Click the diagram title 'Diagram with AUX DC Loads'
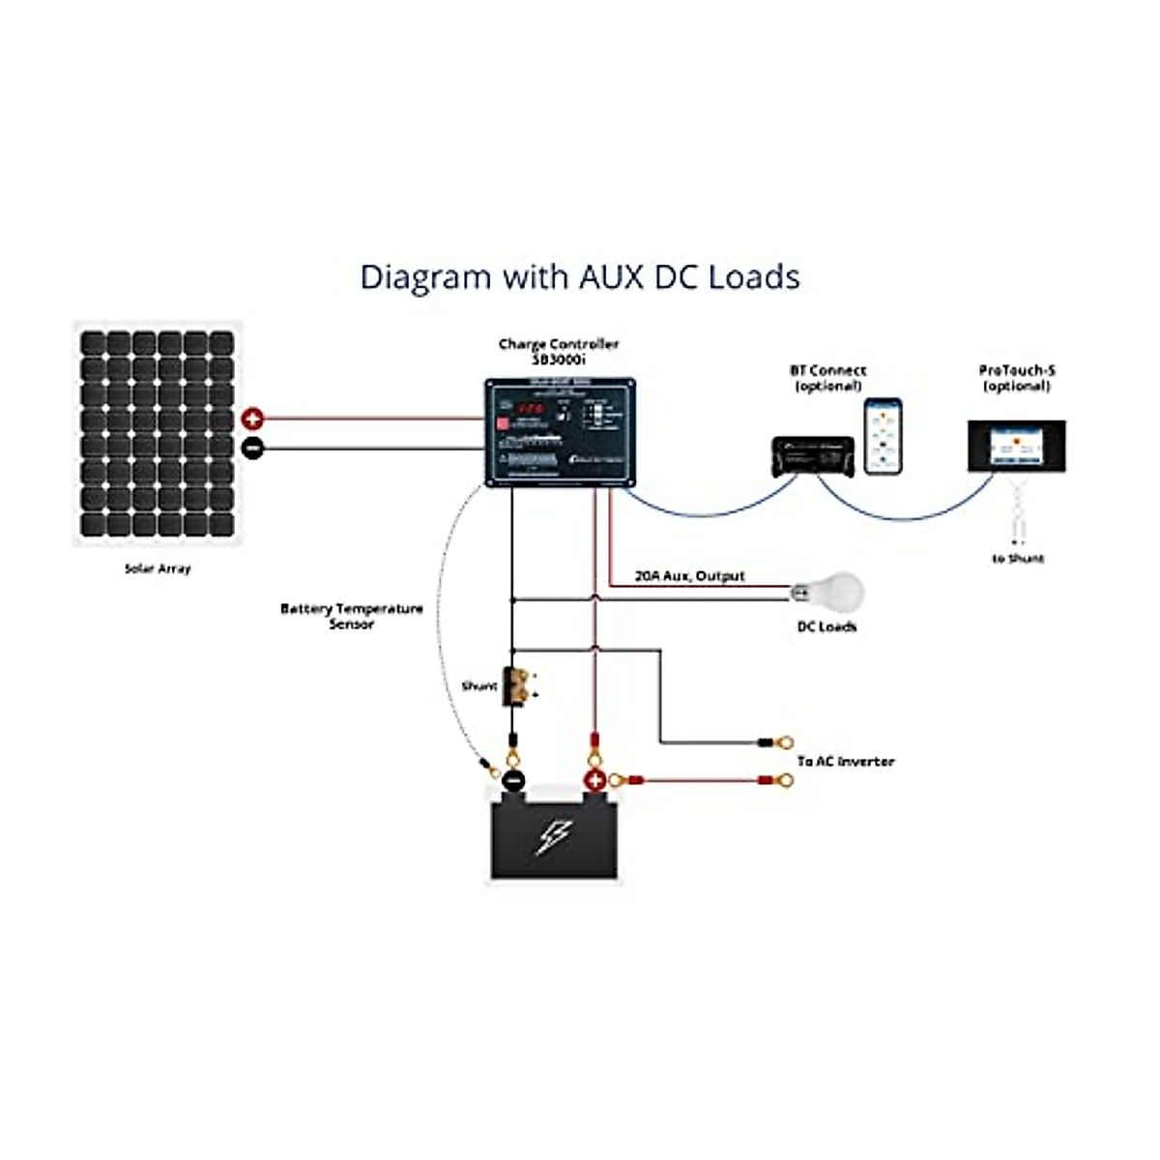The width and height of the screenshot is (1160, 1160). tap(580, 276)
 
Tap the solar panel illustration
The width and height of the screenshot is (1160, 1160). tap(158, 435)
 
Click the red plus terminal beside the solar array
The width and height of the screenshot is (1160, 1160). tap(252, 420)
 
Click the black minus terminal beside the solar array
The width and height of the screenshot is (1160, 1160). tap(252, 449)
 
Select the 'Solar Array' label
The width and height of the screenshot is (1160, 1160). tap(158, 568)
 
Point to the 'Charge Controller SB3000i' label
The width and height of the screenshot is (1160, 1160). tap(559, 351)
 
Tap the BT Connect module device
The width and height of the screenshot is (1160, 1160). tap(813, 455)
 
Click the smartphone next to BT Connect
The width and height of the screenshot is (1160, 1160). tap(883, 436)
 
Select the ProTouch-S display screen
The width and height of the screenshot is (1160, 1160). tap(1017, 447)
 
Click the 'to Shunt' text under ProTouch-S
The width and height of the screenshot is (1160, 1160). tap(1018, 559)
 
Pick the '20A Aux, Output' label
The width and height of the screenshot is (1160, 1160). tap(689, 576)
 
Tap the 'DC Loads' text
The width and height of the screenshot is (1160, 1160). tap(826, 626)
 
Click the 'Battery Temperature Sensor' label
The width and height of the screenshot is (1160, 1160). tap(352, 616)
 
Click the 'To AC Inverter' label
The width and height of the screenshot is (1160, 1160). tap(846, 762)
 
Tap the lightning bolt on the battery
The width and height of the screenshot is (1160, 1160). tap(555, 837)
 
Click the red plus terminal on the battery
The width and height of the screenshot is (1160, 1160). tap(595, 781)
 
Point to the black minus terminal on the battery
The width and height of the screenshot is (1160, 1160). tap(514, 781)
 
